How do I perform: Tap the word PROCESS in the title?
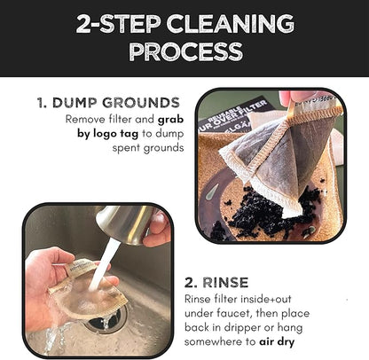[184, 52]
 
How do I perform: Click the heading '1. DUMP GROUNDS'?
[108, 103]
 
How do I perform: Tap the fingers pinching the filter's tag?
[297, 97]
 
